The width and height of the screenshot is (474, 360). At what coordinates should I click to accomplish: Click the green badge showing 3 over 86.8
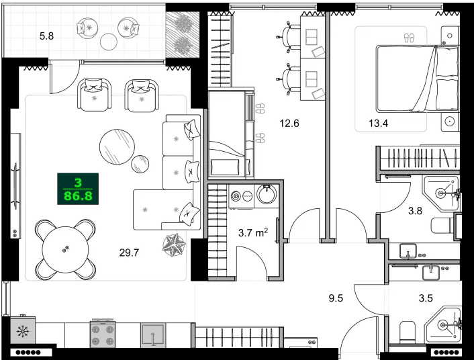(78, 189)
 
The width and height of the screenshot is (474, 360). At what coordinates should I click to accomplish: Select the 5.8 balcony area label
(47, 36)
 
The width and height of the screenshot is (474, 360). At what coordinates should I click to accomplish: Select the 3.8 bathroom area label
(416, 210)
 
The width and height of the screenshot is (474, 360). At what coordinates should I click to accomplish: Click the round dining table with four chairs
(65, 249)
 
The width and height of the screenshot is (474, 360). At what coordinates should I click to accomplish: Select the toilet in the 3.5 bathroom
(407, 331)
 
